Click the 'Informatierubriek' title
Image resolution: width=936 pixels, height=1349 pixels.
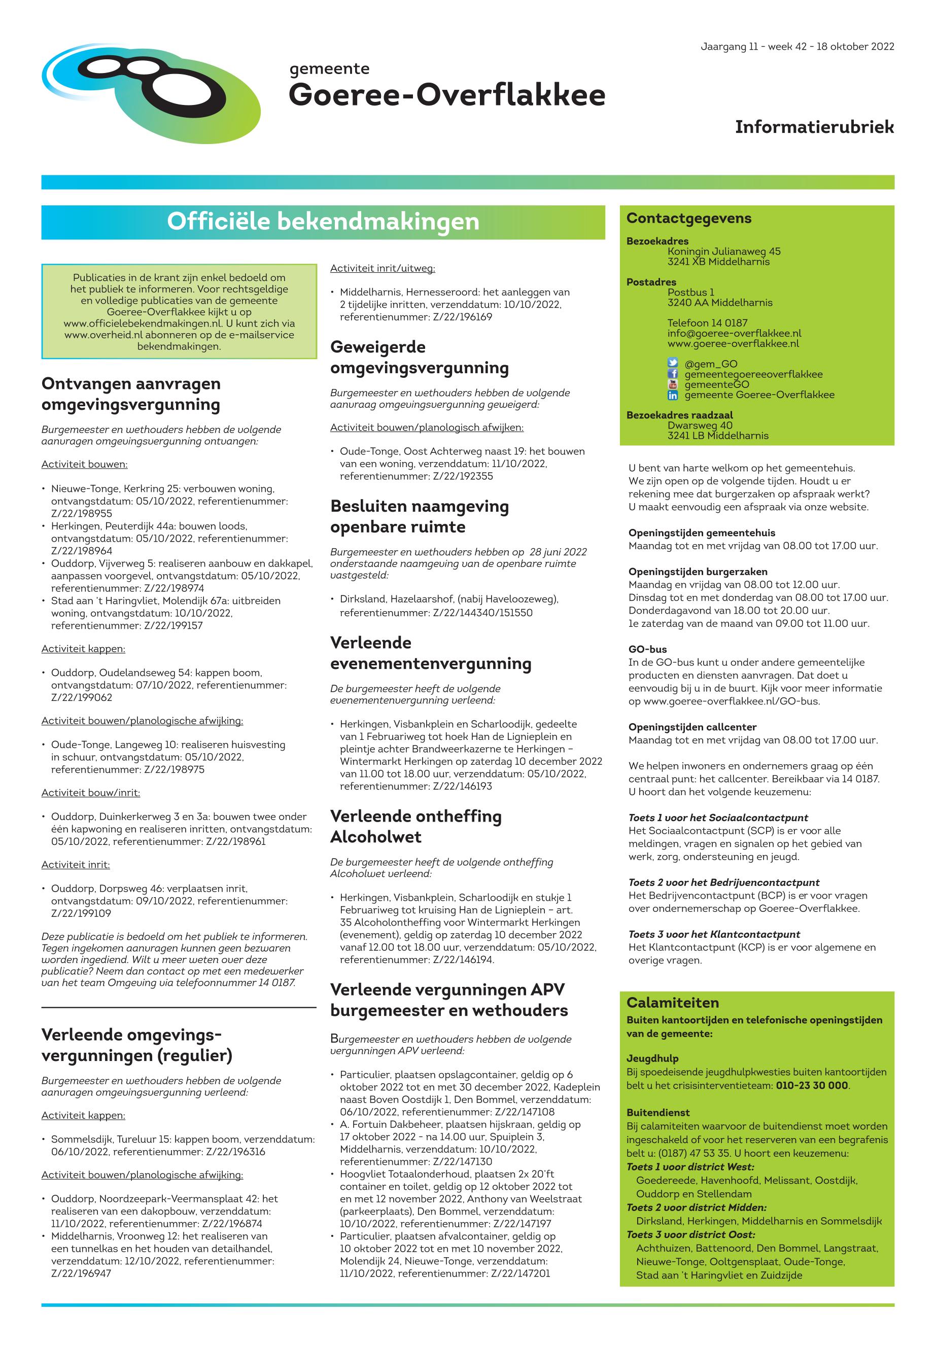[814, 127]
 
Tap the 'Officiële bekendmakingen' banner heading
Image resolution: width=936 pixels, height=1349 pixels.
[323, 222]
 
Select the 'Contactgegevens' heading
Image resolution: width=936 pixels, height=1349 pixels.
[688, 218]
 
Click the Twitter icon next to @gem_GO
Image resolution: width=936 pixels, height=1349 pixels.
[673, 364]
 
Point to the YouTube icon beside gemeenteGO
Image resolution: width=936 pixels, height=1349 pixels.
[673, 384]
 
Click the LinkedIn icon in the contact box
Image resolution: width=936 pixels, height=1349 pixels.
[673, 395]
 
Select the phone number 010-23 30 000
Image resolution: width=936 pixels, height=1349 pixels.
[812, 1085]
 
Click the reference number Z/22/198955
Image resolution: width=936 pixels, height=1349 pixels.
[82, 514]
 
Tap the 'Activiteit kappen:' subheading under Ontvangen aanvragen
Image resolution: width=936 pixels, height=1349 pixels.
[83, 649]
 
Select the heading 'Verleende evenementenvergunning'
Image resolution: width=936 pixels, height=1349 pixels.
[431, 653]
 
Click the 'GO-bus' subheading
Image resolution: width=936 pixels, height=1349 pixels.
[647, 650]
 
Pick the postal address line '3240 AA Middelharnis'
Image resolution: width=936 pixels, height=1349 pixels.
[719, 303]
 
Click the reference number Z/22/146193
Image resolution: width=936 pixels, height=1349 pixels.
[463, 786]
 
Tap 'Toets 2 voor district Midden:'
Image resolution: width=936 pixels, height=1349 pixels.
[696, 1208]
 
